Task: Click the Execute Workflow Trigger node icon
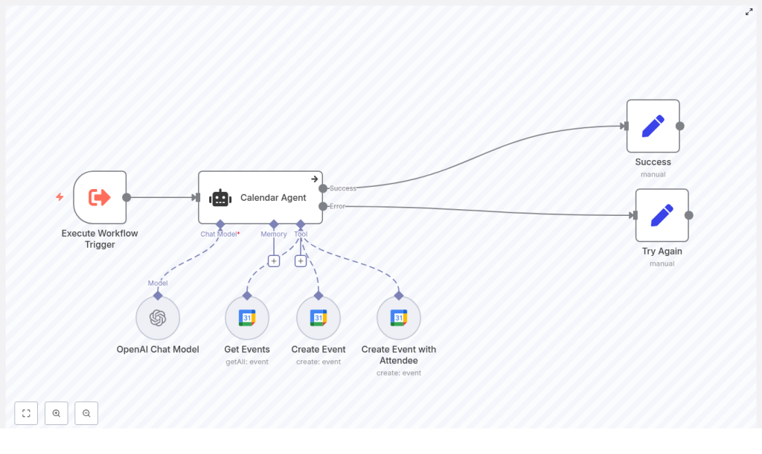[x=100, y=197]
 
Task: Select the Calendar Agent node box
[x=260, y=197]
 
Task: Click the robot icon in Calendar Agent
[x=220, y=198]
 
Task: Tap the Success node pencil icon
[x=653, y=126]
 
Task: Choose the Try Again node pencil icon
[x=662, y=215]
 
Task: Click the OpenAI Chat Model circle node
[x=158, y=318]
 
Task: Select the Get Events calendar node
[x=247, y=318]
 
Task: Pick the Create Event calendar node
[x=318, y=318]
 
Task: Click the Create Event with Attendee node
[x=399, y=318]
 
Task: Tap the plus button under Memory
[x=274, y=260]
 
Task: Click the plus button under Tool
[x=301, y=260]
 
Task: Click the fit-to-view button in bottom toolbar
[x=26, y=413]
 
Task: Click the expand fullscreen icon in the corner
[x=749, y=12]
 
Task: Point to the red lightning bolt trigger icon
[x=60, y=197]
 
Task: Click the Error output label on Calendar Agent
[x=338, y=206]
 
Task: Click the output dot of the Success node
[x=679, y=126]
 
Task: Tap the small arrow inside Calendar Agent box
[x=315, y=179]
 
